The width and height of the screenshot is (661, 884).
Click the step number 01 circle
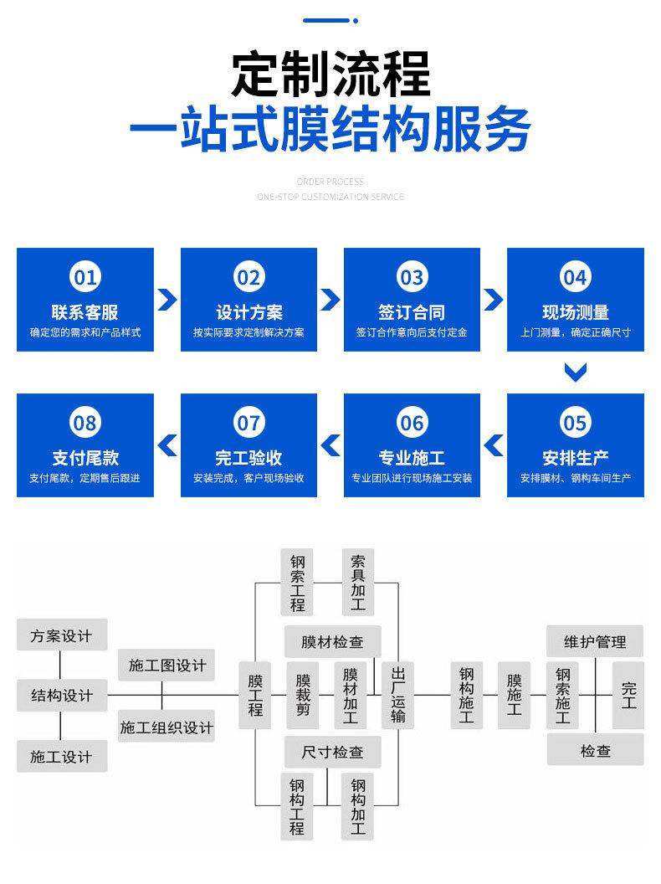pyautogui.click(x=85, y=276)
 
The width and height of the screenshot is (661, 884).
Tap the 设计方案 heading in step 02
pyautogui.click(x=249, y=312)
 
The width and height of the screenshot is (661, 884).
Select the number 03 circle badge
pyautogui.click(x=412, y=276)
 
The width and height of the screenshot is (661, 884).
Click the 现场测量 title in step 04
pyautogui.click(x=575, y=312)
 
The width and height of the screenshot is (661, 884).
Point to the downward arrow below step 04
pyautogui.click(x=575, y=372)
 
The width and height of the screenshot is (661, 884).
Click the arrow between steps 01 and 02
pyautogui.click(x=167, y=300)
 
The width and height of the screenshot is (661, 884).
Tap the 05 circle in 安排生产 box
pyautogui.click(x=575, y=423)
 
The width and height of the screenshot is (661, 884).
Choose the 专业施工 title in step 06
pyautogui.click(x=412, y=458)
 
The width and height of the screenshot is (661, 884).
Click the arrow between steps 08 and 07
pyautogui.click(x=167, y=445)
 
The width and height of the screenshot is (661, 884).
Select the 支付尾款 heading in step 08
pyautogui.click(x=85, y=458)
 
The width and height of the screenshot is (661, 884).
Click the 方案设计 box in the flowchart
pyautogui.click(x=61, y=635)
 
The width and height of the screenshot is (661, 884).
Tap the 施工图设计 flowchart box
pyautogui.click(x=167, y=665)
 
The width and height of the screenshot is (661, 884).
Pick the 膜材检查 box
pyautogui.click(x=332, y=642)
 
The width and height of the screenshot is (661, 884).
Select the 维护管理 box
pyautogui.click(x=595, y=642)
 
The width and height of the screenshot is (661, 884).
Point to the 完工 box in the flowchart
pyautogui.click(x=628, y=695)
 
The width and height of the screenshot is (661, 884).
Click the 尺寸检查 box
pyautogui.click(x=332, y=752)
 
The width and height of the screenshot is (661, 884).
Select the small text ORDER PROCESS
pyautogui.click(x=330, y=181)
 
